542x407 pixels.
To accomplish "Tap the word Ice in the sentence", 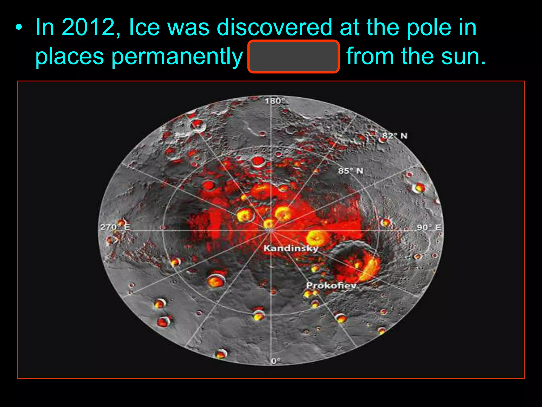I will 144,27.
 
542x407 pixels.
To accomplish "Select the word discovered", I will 274,27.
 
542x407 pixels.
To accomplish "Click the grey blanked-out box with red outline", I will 293,56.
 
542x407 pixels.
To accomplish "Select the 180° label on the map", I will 274,101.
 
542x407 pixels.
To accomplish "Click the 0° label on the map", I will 275,361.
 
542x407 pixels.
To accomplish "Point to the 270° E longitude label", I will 115,227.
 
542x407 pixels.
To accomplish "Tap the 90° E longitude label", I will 429,227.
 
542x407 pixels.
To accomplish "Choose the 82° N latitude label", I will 395,136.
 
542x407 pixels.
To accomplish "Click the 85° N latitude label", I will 350,171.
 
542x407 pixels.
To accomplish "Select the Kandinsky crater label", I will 291,248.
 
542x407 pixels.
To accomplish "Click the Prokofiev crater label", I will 331,285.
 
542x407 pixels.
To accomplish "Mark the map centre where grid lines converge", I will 271,231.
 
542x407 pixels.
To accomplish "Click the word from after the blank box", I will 370,56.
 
